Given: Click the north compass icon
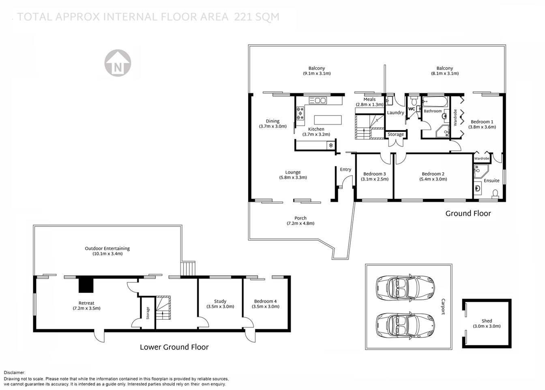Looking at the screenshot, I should point(118,63).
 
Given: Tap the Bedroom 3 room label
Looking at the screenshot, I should point(374,174).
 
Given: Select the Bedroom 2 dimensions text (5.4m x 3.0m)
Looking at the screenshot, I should point(433,179).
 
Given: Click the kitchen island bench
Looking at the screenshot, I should point(328,120).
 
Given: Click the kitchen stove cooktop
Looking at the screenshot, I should point(300,113).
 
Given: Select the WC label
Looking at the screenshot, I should point(411,109).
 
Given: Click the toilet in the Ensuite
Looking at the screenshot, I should point(496,194).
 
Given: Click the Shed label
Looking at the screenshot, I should point(487,321).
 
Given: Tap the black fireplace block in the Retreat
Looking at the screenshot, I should point(86,284).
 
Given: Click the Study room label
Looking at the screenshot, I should point(220,301).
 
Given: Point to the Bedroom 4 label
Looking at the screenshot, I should point(265,301).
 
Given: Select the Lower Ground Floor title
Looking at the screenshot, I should point(174,347).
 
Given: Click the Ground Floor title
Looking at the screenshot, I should point(468,213).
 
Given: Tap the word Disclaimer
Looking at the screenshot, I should point(15,373).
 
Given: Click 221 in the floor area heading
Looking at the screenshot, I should point(245,17).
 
